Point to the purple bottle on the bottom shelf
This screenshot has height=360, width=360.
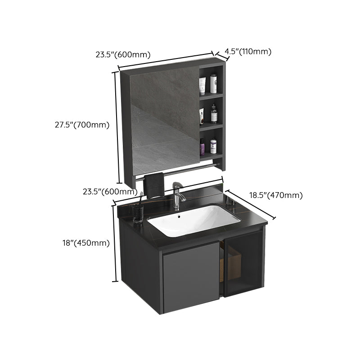click(202, 146)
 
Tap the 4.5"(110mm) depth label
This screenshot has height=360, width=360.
click(248, 51)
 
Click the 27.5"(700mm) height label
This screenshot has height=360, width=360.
click(79, 125)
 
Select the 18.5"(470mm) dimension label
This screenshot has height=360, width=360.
click(276, 195)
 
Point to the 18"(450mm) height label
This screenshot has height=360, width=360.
click(86, 243)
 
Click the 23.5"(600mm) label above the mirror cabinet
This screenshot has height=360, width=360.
click(122, 55)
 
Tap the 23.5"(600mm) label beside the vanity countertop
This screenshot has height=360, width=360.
click(110, 191)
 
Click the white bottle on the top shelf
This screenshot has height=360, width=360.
click(214, 84)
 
